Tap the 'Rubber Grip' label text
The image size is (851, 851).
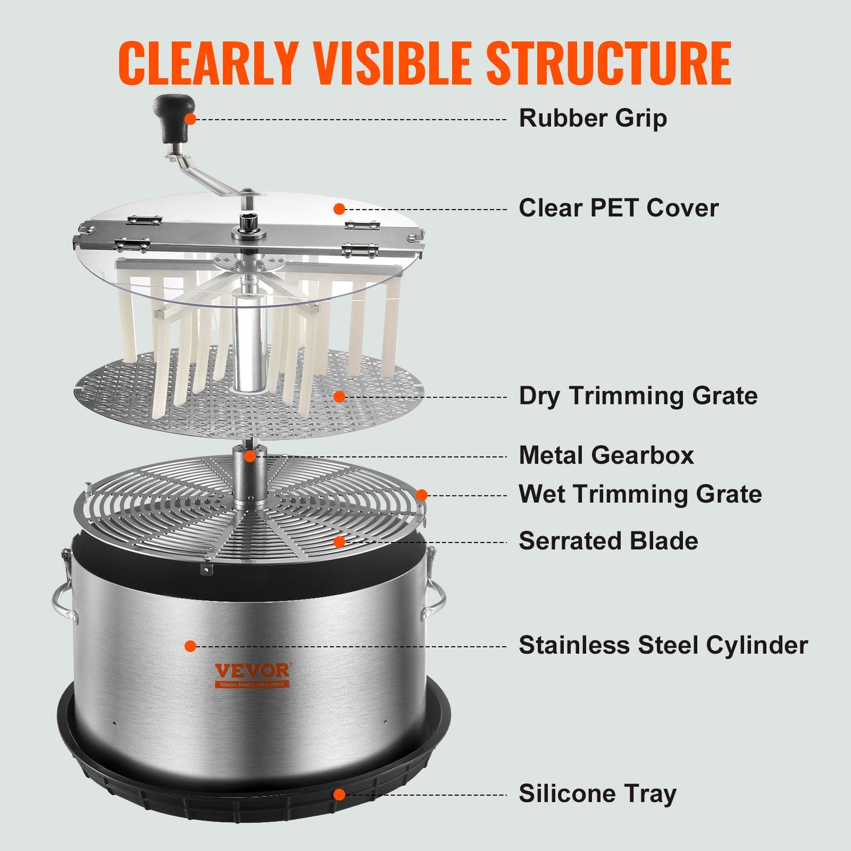(592, 118)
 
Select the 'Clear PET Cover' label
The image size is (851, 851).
(618, 208)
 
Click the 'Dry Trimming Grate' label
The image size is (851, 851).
(638, 396)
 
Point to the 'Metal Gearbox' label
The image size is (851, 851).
(606, 455)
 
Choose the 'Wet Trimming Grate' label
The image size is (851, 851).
(640, 494)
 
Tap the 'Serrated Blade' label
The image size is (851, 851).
(608, 541)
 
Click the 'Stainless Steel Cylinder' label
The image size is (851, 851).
(663, 645)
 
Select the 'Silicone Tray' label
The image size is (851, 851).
(597, 794)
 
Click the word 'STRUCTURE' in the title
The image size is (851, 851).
(608, 63)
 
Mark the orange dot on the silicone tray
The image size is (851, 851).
(339, 794)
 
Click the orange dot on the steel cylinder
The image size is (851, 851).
(190, 646)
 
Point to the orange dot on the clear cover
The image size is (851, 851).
(339, 208)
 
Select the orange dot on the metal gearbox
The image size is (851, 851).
(250, 456)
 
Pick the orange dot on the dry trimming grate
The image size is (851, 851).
(339, 396)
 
